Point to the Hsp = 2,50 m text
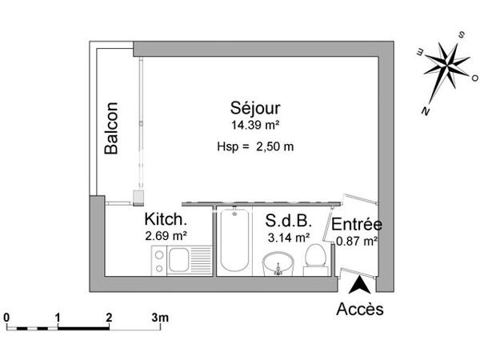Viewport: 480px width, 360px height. pyautogui.click(x=255, y=146)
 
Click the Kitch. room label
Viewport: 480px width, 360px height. pyautogui.click(x=166, y=219)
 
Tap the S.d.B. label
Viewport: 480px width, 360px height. pyautogui.click(x=287, y=220)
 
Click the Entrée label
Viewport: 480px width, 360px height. pyautogui.click(x=357, y=224)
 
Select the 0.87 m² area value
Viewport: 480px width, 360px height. pyautogui.click(x=357, y=239)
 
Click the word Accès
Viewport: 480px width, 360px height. pyautogui.click(x=360, y=308)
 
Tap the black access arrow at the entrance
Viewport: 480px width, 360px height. pyautogui.click(x=361, y=284)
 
